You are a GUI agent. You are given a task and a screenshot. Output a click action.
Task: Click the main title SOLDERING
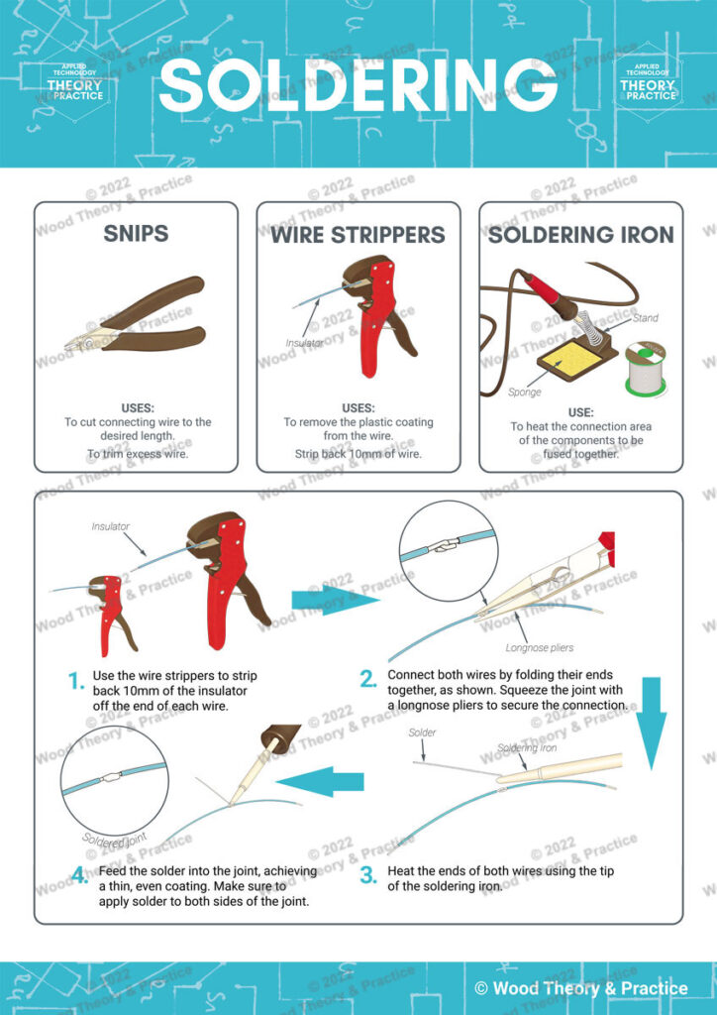pyautogui.click(x=358, y=85)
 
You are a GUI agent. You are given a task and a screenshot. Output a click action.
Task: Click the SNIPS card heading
pyautogui.click(x=136, y=234)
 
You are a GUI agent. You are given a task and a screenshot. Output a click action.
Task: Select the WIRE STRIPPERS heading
pyautogui.click(x=358, y=235)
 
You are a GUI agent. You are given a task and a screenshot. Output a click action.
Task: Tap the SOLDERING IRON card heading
pyautogui.click(x=580, y=235)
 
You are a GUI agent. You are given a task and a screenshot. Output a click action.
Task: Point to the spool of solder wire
pyautogui.click(x=645, y=370)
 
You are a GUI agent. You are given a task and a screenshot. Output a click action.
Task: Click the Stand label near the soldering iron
pyautogui.click(x=645, y=318)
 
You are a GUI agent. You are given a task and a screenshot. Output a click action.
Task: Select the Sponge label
pyautogui.click(x=525, y=393)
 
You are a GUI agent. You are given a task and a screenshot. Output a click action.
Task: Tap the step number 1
pyautogui.click(x=75, y=680)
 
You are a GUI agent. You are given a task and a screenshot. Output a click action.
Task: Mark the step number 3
pyautogui.click(x=367, y=874)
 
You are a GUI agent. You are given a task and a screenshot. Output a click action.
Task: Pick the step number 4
pyautogui.click(x=75, y=874)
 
